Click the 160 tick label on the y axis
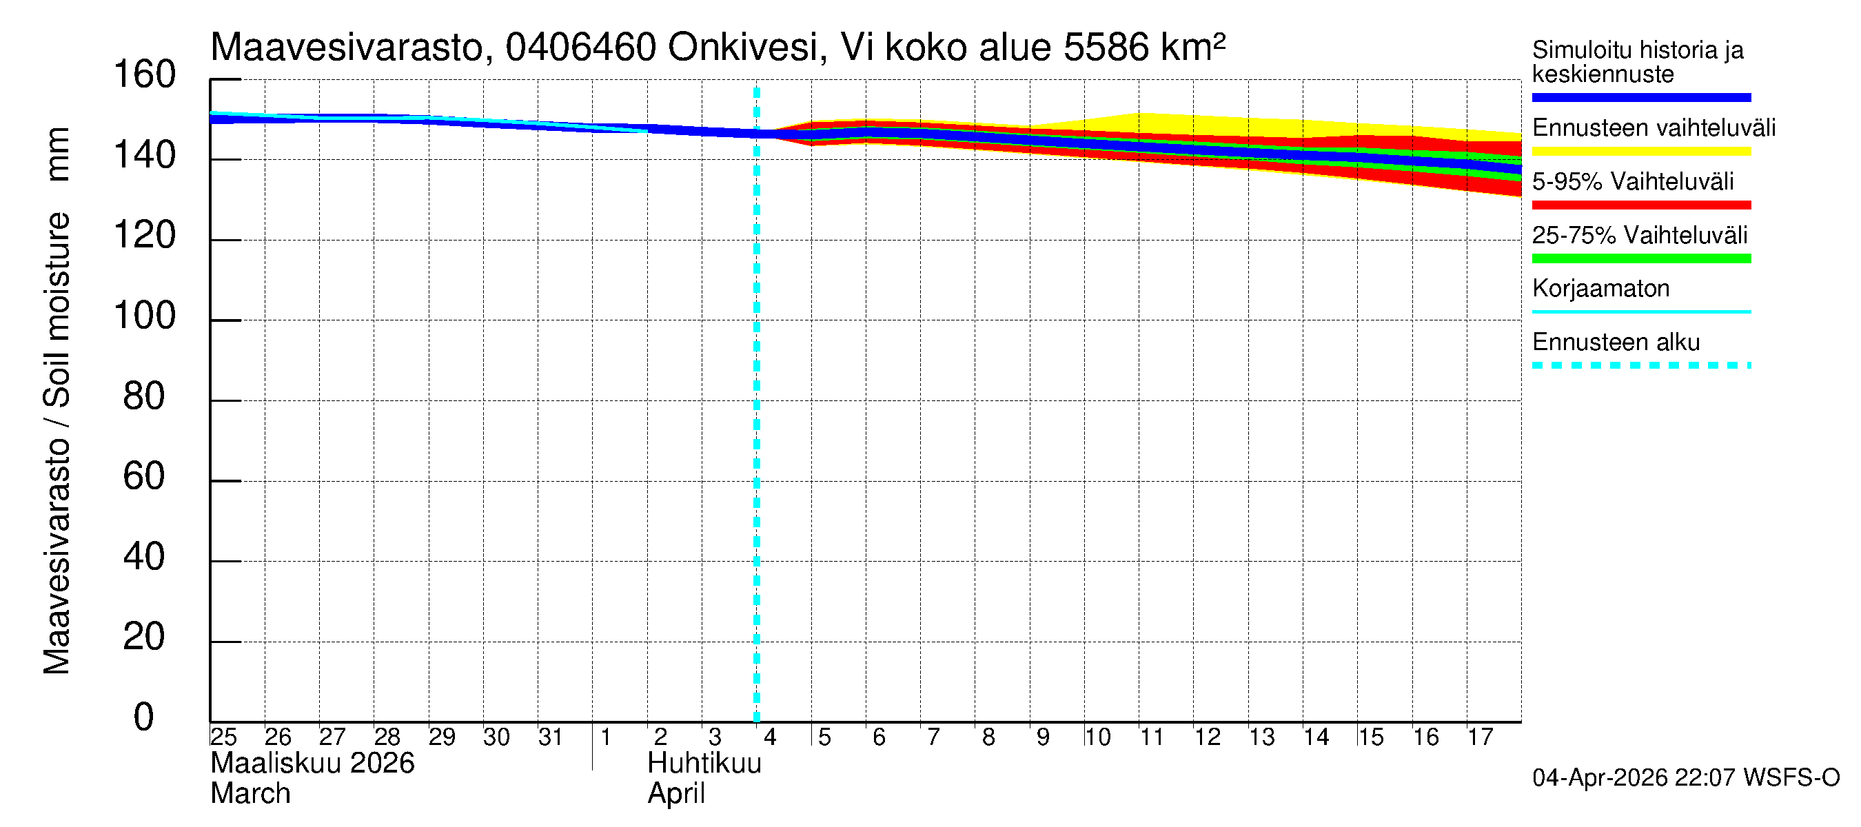tap(145, 75)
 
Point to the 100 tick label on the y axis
tap(145, 316)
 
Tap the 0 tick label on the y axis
tap(144, 717)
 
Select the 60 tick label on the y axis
tap(144, 477)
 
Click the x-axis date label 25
tap(223, 737)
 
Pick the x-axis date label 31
tap(551, 737)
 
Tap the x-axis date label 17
tap(1481, 737)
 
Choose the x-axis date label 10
tap(1097, 737)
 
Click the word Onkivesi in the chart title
tap(744, 48)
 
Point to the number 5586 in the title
tap(1106, 48)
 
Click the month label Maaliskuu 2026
tap(312, 764)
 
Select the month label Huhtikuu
tap(704, 764)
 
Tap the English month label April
tap(676, 794)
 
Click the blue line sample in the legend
tap(1640, 97)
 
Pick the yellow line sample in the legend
tap(1640, 152)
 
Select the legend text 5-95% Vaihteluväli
tap(1633, 181)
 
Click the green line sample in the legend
tap(1640, 258)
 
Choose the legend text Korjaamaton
tap(1601, 289)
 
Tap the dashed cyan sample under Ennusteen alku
tap(1640, 365)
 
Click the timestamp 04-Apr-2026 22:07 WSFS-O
tap(1685, 778)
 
